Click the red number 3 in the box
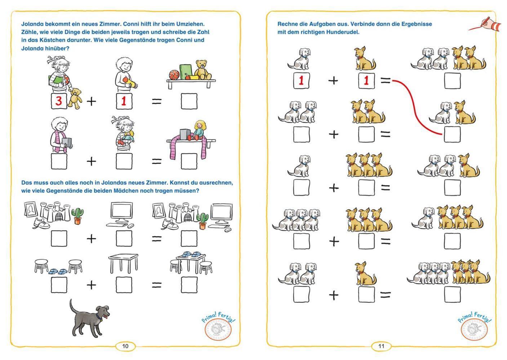tap(58, 101)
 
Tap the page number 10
tap(125, 346)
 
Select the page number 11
tap(381, 346)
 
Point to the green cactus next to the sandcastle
tap(77, 216)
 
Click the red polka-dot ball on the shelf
tap(174, 75)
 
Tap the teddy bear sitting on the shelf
tap(203, 69)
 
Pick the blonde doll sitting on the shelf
tap(198, 130)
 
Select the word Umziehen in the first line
tap(190, 24)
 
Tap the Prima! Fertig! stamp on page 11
tap(474, 327)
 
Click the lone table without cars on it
tap(123, 263)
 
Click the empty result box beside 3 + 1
tap(189, 101)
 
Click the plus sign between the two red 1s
tap(333, 81)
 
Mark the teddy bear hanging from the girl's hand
tap(75, 98)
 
